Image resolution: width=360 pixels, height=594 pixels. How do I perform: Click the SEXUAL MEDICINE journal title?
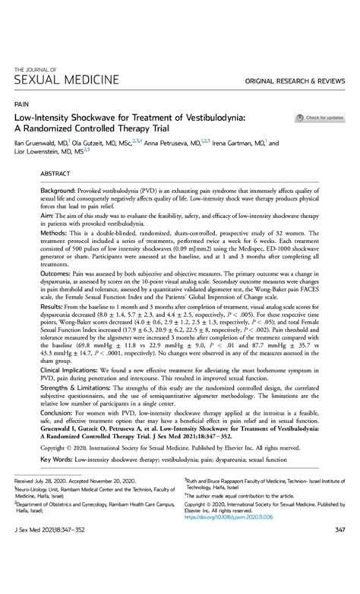click(x=66, y=79)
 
